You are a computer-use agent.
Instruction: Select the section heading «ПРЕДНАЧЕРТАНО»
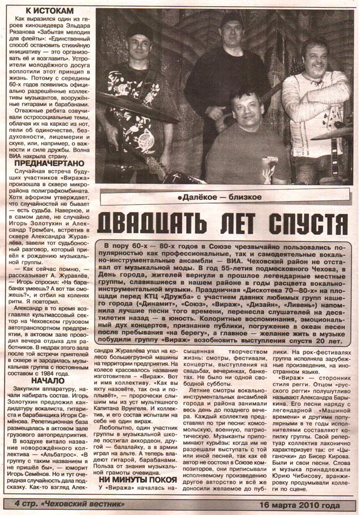coord(46,164)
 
